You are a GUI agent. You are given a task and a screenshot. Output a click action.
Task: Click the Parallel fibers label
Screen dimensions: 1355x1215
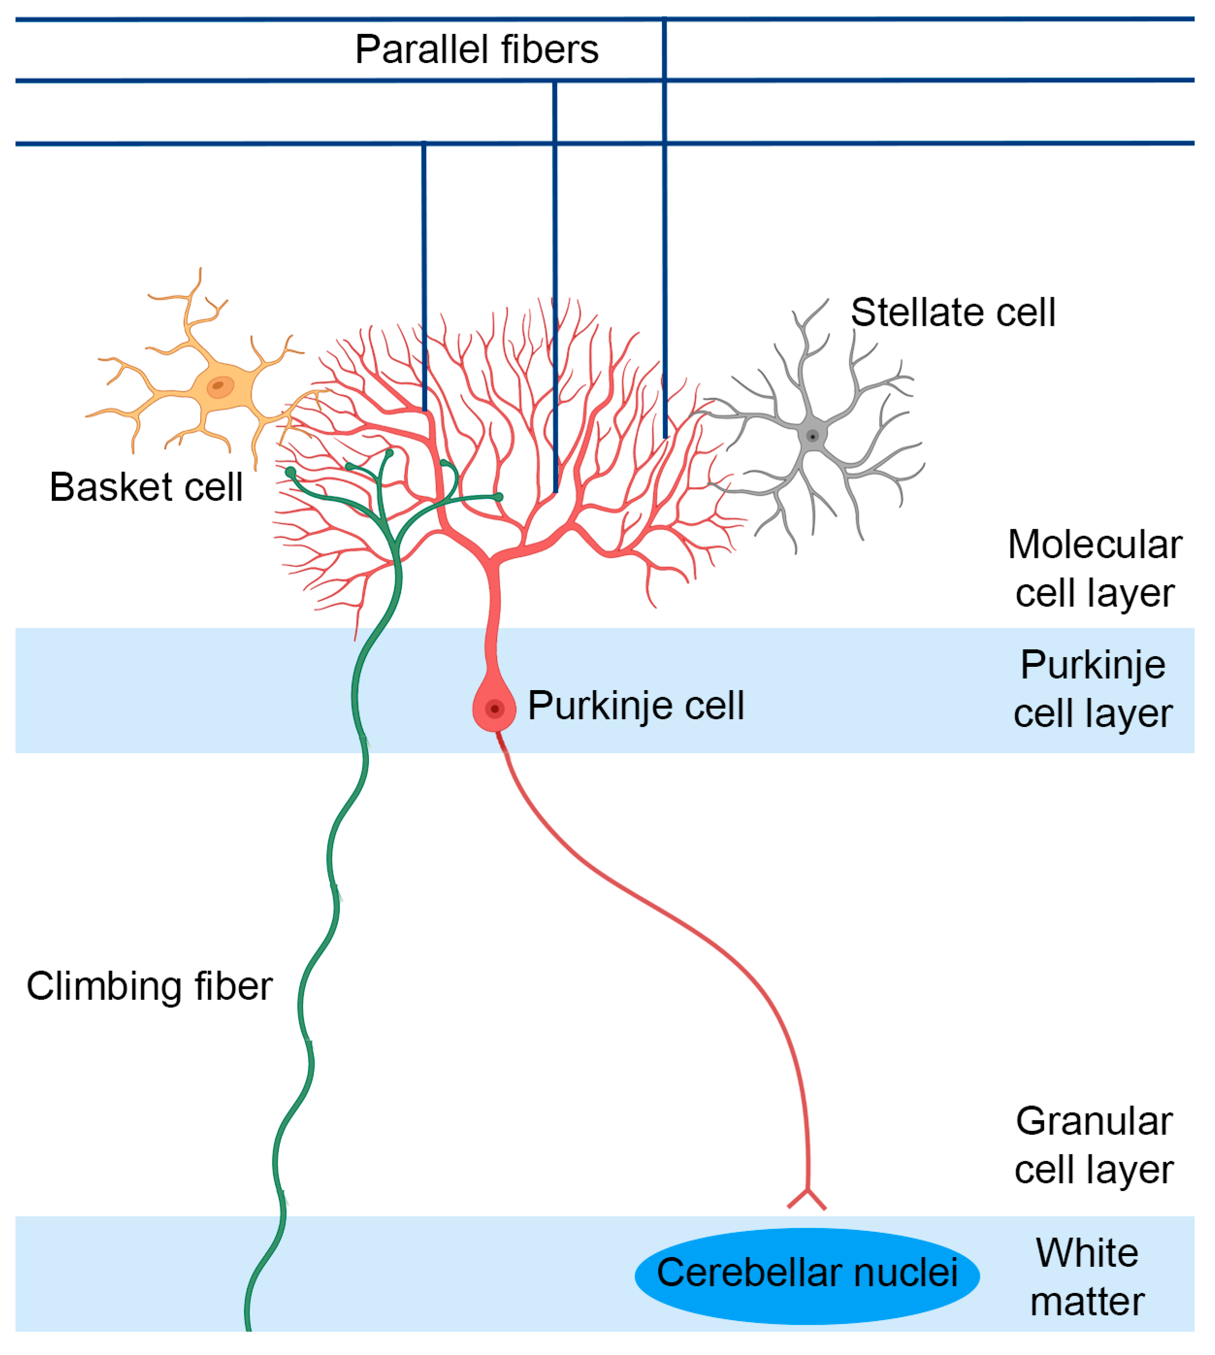477,50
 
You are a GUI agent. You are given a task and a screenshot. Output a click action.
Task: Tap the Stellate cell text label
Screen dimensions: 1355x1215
953,312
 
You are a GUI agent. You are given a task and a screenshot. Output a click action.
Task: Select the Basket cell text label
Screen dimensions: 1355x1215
145,487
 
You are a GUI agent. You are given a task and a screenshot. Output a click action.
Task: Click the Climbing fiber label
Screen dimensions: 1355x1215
149,986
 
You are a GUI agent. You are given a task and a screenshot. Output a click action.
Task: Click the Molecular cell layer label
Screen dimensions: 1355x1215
1095,568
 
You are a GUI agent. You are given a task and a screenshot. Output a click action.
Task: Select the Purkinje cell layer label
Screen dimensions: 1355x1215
1093,689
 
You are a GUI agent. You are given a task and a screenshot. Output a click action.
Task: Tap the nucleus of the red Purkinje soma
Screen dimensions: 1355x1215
495,709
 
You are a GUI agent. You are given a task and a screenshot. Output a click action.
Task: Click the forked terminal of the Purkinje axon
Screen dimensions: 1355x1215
807,1199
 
